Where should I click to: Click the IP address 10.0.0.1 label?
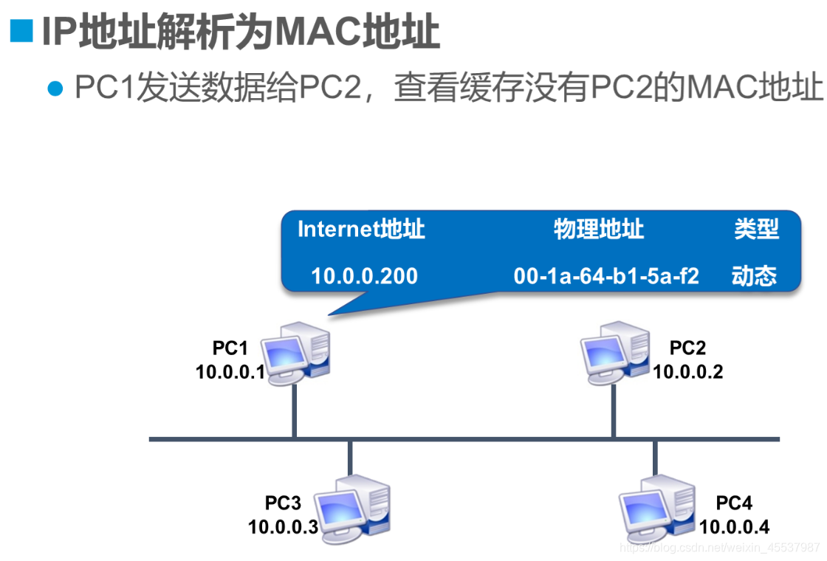(x=230, y=371)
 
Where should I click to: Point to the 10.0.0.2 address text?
(x=687, y=371)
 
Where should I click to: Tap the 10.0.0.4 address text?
(x=734, y=526)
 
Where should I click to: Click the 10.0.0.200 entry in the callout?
(x=364, y=276)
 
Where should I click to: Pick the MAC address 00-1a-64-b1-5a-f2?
(x=606, y=276)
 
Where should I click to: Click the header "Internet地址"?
(x=361, y=230)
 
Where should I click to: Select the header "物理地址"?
(x=599, y=230)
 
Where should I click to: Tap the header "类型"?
(x=756, y=230)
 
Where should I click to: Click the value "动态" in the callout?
(x=754, y=276)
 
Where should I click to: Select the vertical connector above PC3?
(x=350, y=458)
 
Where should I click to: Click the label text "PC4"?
(x=734, y=503)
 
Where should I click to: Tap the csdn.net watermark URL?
(x=720, y=548)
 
